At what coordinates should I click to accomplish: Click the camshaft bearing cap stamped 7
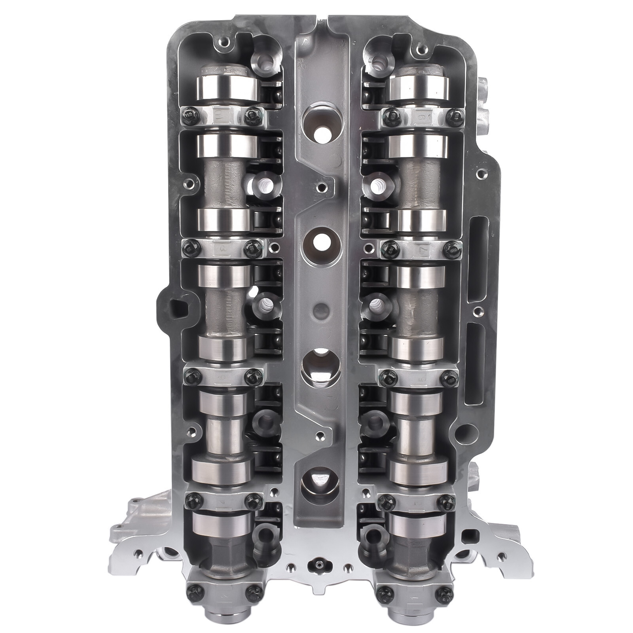coord(420,249)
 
